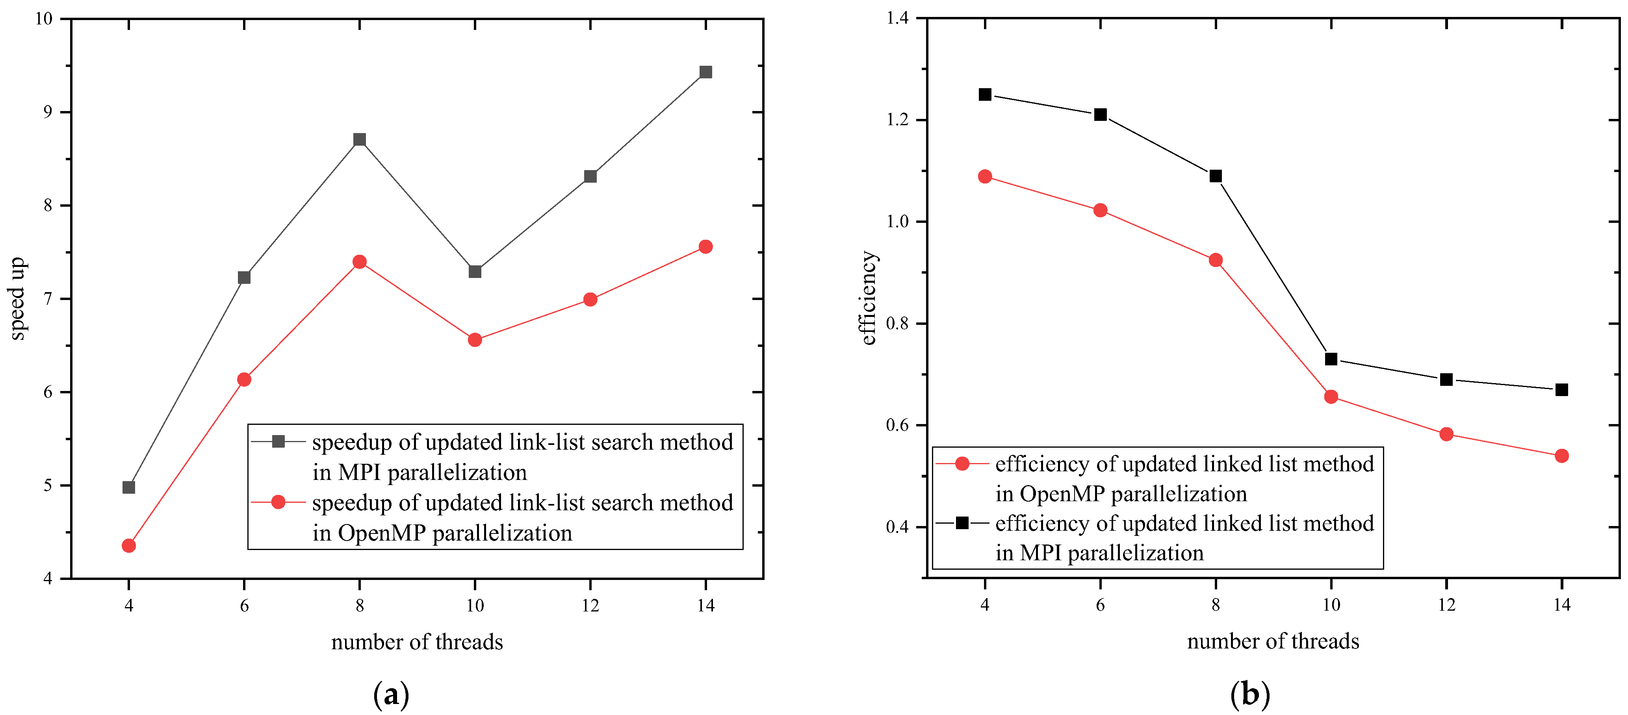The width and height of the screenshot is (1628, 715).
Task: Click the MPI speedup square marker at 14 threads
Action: (x=706, y=72)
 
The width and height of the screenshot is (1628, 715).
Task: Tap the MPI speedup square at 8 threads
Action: (x=360, y=140)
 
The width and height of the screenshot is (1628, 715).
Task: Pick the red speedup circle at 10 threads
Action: (x=475, y=340)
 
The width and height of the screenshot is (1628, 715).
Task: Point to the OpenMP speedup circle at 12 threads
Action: (x=590, y=299)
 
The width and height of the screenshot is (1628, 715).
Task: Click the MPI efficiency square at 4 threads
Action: (x=985, y=95)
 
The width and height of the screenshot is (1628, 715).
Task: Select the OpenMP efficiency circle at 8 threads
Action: (x=1215, y=260)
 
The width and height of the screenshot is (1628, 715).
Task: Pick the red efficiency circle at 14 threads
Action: (x=1562, y=456)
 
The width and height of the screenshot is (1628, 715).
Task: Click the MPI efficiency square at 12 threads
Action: (x=1447, y=380)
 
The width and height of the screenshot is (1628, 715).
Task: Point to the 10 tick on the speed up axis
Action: (x=44, y=19)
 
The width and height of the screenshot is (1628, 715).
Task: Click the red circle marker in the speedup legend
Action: (x=278, y=502)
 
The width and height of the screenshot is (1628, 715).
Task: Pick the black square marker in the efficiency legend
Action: (x=962, y=523)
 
